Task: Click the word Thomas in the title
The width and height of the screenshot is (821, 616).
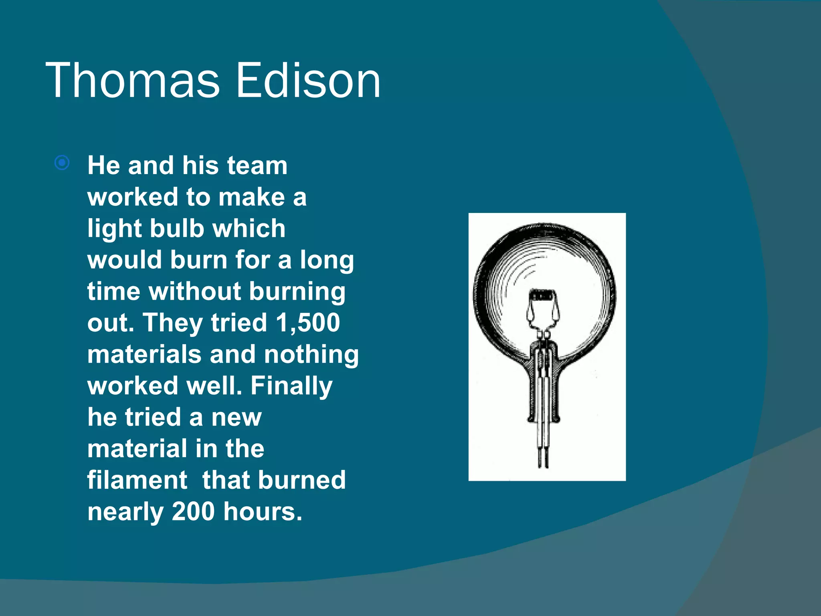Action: pos(132,80)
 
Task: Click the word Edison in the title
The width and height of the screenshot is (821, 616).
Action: pos(308,80)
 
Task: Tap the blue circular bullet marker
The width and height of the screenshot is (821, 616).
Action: pos(62,163)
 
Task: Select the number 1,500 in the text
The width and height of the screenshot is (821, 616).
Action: pos(308,322)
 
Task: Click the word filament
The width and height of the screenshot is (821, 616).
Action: pos(137,480)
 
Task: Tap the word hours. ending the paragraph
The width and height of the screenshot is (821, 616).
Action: pos(263,511)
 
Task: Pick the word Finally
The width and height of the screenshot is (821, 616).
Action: pos(291,386)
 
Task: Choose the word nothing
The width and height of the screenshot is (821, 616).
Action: pos(311,355)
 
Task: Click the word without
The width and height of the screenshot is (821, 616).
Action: pos(195,291)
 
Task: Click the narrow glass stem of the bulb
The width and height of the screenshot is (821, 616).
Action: pos(543,385)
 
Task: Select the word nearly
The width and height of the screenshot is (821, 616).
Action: pos(125,512)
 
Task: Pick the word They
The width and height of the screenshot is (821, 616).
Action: pos(173,322)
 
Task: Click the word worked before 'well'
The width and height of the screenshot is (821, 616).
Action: pos(133,386)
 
